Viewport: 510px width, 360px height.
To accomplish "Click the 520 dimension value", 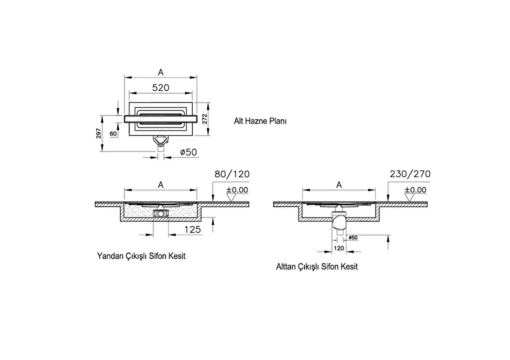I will click(x=160, y=88).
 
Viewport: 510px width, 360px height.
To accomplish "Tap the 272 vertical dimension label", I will click(x=205, y=119).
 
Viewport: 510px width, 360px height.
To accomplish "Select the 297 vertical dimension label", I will click(x=98, y=133).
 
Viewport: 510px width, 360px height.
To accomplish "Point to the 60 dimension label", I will click(x=113, y=134).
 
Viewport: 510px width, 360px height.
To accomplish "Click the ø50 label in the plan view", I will click(x=188, y=152).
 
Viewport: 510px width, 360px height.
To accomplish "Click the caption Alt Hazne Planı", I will click(x=260, y=121).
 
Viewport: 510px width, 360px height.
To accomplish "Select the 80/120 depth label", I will click(x=232, y=174).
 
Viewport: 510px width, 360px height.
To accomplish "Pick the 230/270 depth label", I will click(x=410, y=174).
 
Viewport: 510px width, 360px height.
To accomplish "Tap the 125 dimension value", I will click(x=192, y=229).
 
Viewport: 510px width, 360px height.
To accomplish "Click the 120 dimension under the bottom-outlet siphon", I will click(x=339, y=248).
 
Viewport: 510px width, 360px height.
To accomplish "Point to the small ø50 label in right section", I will click(x=353, y=238).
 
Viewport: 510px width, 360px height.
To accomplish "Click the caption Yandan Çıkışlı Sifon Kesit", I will click(x=141, y=256).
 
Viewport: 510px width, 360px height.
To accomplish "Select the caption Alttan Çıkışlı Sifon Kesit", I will click(x=317, y=266).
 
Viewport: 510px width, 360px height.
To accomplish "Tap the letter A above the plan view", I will click(x=161, y=72).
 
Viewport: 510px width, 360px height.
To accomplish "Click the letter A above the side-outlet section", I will click(x=161, y=185).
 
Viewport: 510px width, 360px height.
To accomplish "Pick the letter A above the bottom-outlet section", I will click(x=339, y=185).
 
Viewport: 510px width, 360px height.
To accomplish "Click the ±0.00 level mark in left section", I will click(x=237, y=190).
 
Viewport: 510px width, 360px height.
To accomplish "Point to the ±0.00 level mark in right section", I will click(x=415, y=190).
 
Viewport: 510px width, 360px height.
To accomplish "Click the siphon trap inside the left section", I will click(x=161, y=213).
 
